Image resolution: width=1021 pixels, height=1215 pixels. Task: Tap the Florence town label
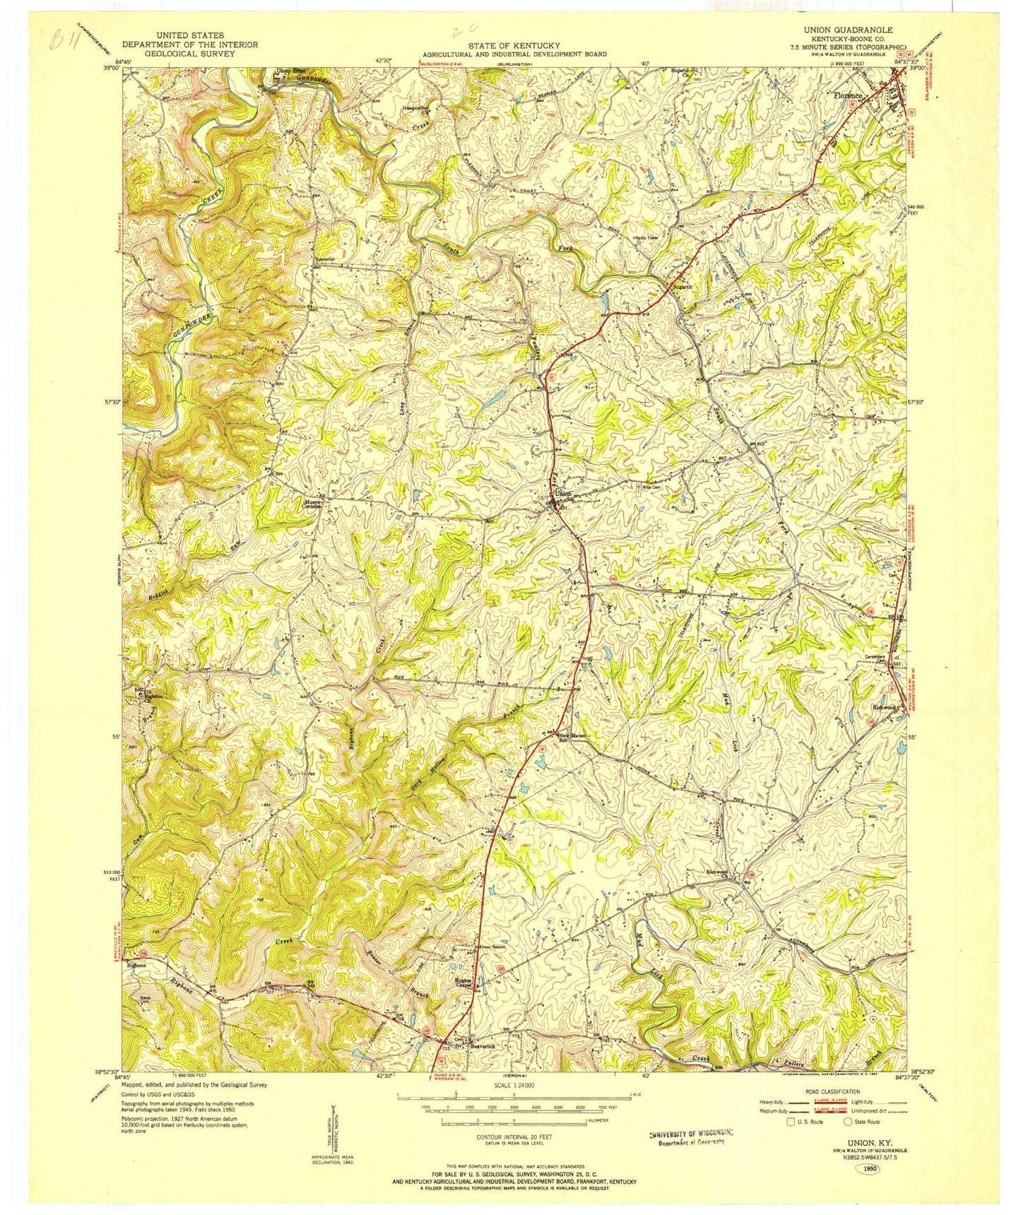tap(848, 95)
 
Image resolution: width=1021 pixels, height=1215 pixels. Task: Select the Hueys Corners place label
tap(312, 504)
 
